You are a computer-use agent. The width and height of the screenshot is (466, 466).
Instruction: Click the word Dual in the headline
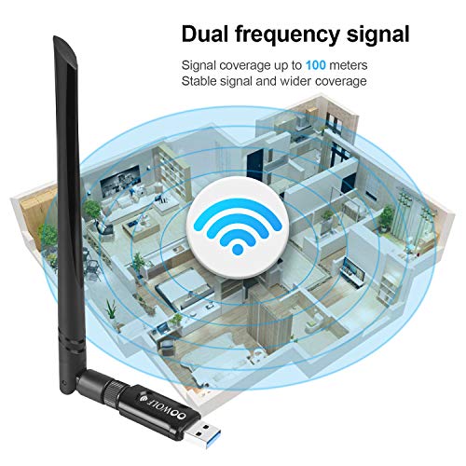pyautogui.click(x=205, y=34)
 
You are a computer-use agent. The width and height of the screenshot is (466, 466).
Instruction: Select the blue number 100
pyautogui.click(x=316, y=65)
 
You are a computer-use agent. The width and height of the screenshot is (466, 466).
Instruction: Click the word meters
pyautogui.click(x=349, y=65)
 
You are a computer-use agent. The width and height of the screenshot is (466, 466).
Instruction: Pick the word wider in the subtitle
pyautogui.click(x=295, y=81)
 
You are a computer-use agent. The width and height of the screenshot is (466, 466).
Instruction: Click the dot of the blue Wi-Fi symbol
pyautogui.click(x=238, y=249)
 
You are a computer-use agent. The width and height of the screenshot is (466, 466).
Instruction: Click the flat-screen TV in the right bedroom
pyautogui.click(x=353, y=269)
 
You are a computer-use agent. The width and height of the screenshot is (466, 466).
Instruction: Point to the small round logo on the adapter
pyautogui.click(x=144, y=397)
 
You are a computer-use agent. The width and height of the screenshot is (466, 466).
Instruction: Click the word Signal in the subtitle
pyautogui.click(x=199, y=66)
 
